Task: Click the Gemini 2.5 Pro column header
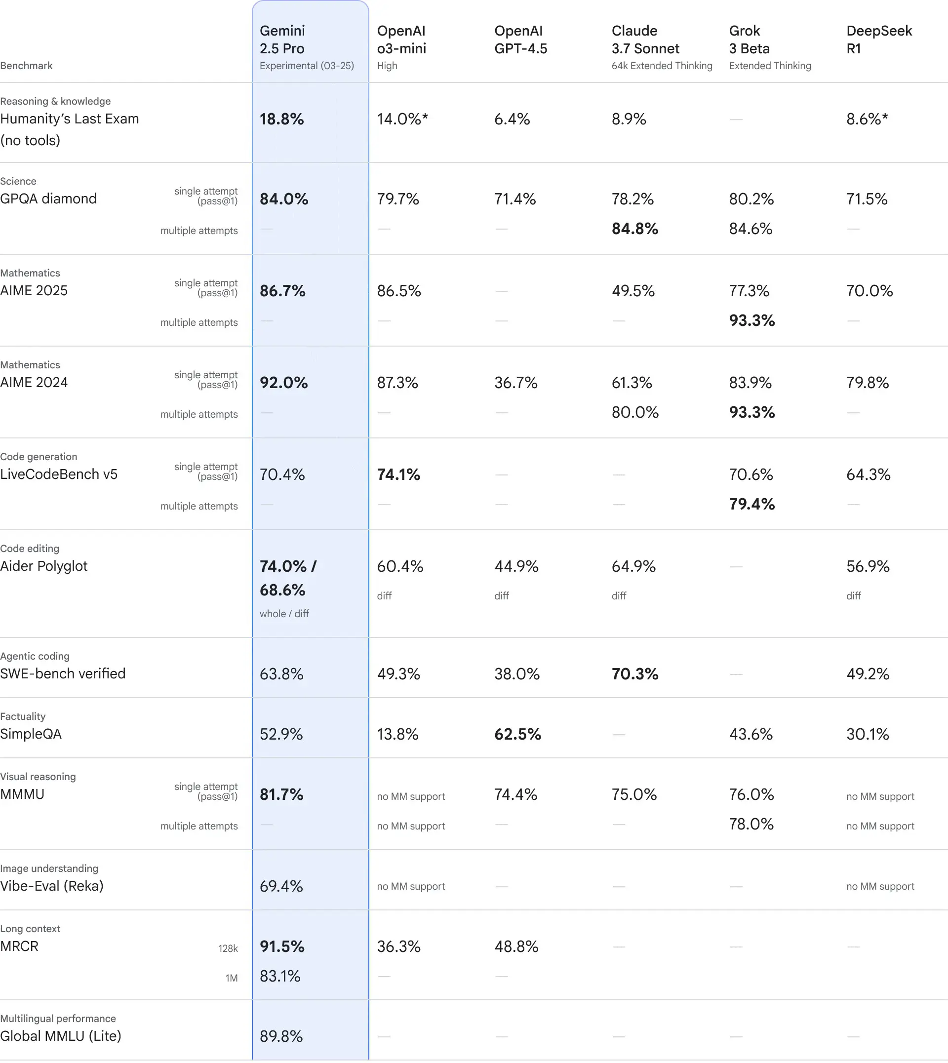tap(282, 39)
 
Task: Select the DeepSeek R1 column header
tap(879, 39)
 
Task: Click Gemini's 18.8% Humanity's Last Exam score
tap(282, 119)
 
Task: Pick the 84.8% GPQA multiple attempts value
tap(634, 229)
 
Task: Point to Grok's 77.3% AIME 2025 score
tap(749, 291)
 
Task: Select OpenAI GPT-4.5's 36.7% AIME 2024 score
tap(515, 383)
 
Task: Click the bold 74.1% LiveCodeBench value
tap(398, 474)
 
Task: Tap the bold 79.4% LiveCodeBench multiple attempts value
tap(751, 504)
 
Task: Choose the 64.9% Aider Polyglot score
tap(633, 566)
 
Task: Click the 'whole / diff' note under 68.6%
tap(284, 614)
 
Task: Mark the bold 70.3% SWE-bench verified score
tap(634, 674)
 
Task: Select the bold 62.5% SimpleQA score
tap(517, 734)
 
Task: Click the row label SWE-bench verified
tap(63, 673)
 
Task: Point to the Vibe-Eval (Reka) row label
tap(51, 886)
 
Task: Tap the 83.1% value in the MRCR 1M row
tap(280, 976)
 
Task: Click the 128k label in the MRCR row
tap(228, 948)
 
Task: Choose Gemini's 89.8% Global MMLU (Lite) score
tap(281, 1036)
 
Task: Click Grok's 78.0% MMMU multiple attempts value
tap(750, 825)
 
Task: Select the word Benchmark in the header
tap(26, 66)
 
